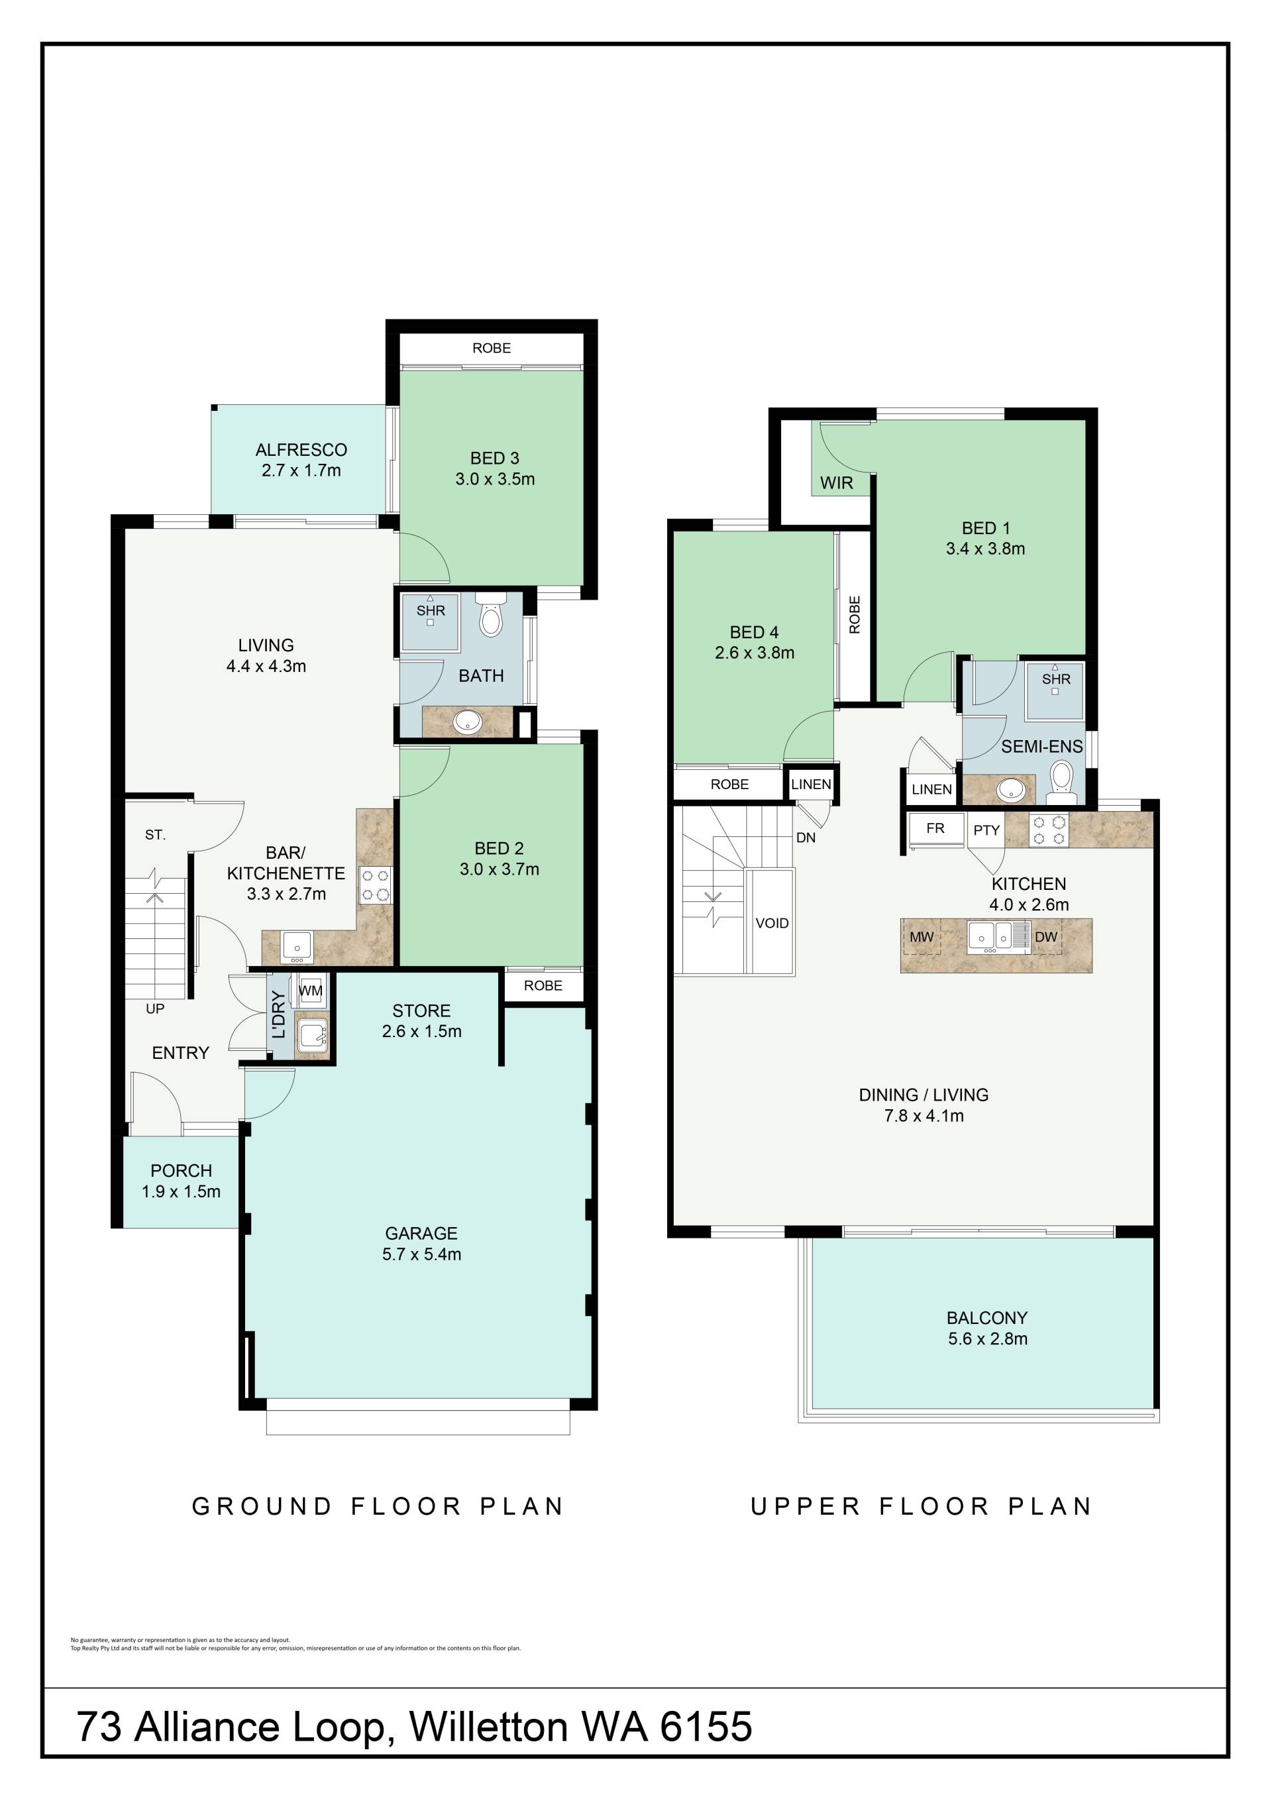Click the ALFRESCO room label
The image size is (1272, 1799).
pyautogui.click(x=301, y=450)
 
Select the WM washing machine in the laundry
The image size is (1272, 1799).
pyautogui.click(x=311, y=991)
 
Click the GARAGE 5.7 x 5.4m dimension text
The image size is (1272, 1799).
pyautogui.click(x=421, y=1254)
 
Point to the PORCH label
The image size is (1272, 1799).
pyautogui.click(x=181, y=1171)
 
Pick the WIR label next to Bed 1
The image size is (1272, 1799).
pyautogui.click(x=837, y=482)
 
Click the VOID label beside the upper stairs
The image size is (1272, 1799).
pyautogui.click(x=772, y=923)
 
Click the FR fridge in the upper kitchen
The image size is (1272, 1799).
pyautogui.click(x=935, y=829)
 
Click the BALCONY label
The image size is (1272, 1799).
pyautogui.click(x=987, y=1318)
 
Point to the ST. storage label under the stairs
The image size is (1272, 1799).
pyautogui.click(x=155, y=836)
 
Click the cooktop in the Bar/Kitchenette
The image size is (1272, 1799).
pyautogui.click(x=375, y=885)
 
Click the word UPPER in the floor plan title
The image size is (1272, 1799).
pyautogui.click(x=806, y=1506)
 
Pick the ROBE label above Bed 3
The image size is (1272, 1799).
pyautogui.click(x=491, y=348)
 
